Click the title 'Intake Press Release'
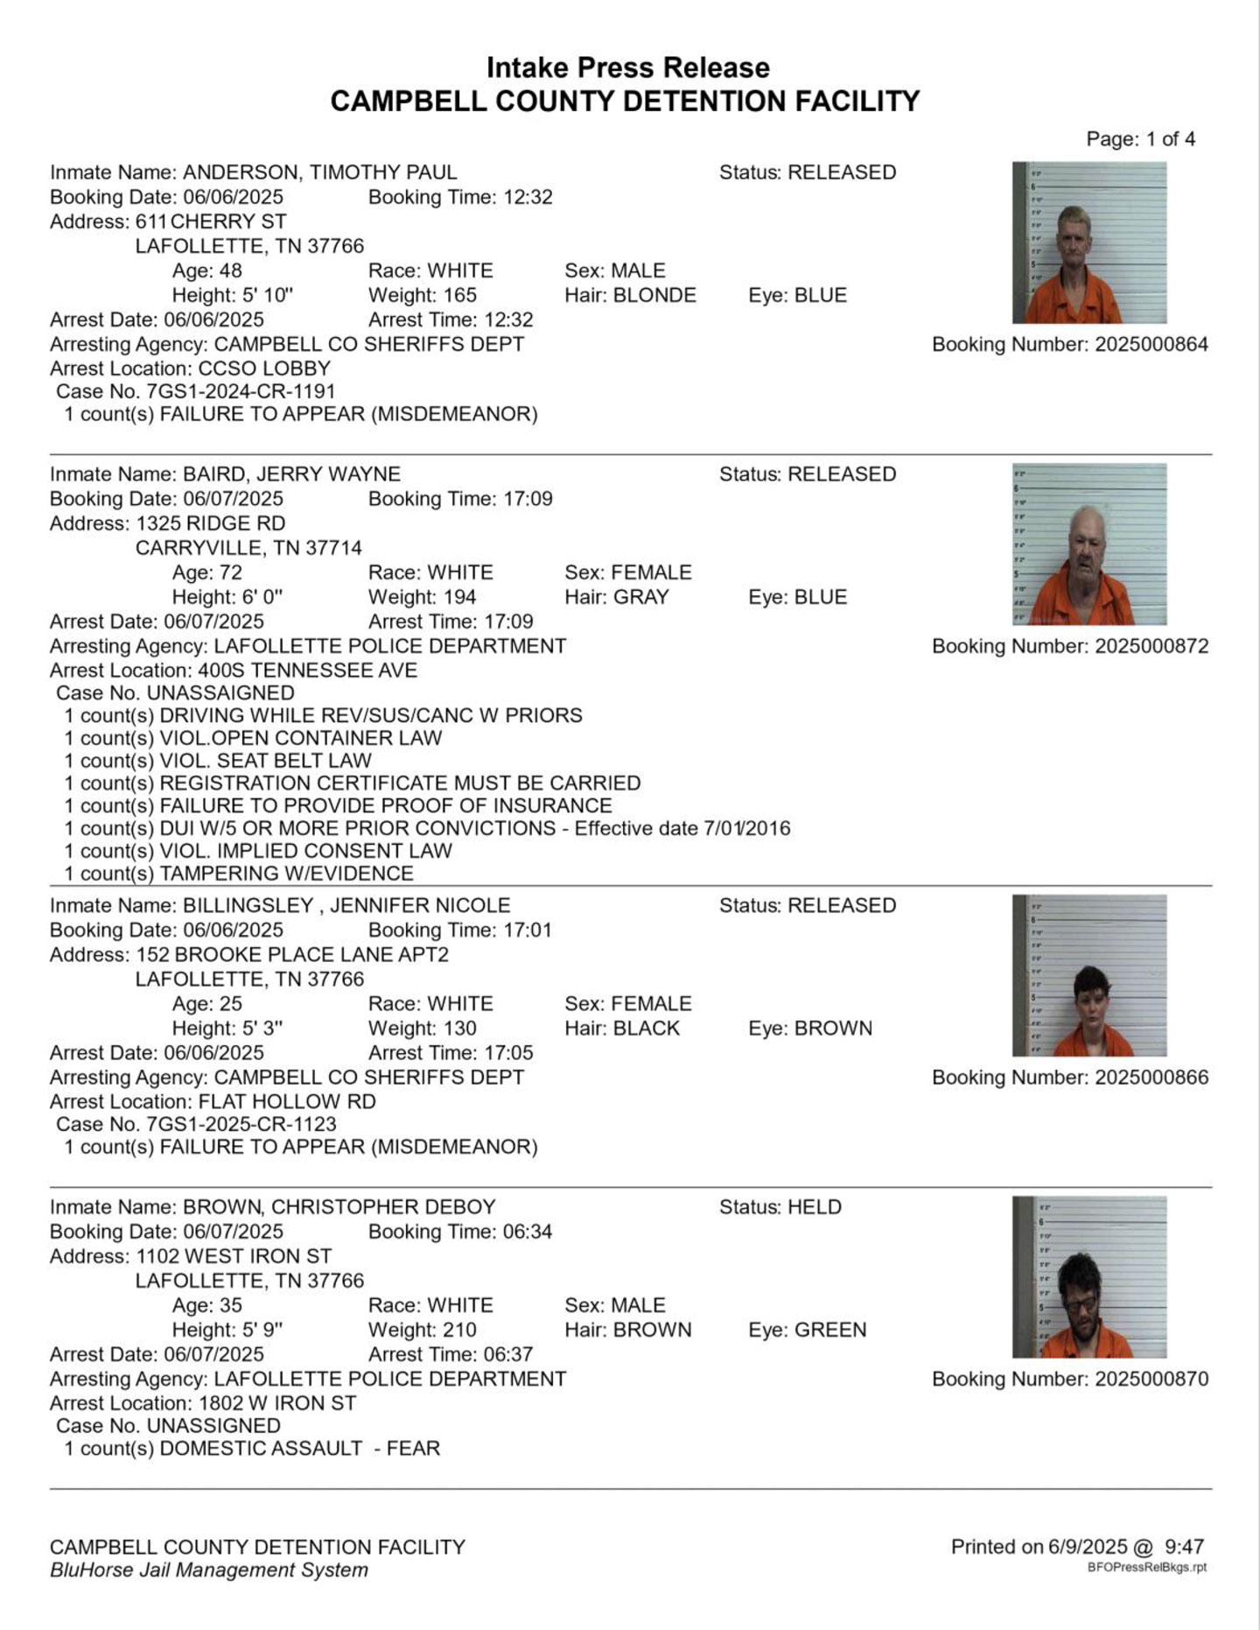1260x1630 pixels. pos(627,67)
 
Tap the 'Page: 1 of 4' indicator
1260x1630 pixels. pos(1140,139)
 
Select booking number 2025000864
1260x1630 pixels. pos(1069,345)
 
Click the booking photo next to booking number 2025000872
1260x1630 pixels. pos(1089,544)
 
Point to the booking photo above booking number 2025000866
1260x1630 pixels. pos(1089,975)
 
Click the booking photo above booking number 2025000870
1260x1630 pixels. pos(1089,1276)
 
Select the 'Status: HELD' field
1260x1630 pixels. pos(780,1207)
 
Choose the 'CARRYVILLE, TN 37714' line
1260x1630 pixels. pos(248,548)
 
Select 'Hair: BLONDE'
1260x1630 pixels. pos(630,296)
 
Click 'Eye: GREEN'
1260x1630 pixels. pos(807,1330)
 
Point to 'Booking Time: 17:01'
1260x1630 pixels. pos(459,931)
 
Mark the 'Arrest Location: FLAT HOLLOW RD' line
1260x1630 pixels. pos(213,1102)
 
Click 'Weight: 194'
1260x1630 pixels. pos(422,597)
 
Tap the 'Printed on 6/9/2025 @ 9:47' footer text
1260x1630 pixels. pos(1077,1547)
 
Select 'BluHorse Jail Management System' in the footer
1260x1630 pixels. pos(209,1570)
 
